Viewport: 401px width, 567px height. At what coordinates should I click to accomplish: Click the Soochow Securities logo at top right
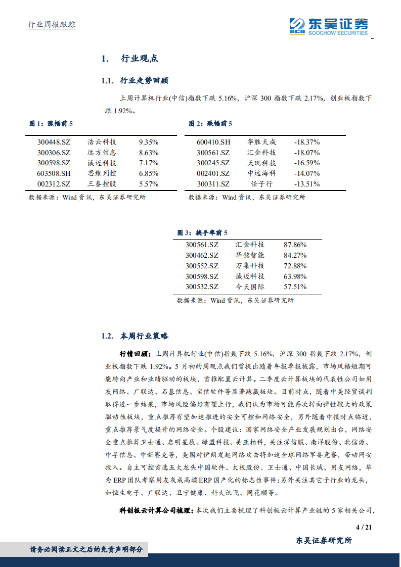pyautogui.click(x=329, y=26)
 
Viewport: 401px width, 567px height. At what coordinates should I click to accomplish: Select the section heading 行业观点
pyautogui.click(x=140, y=59)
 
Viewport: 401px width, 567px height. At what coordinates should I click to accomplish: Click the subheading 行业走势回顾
pyautogui.click(x=144, y=81)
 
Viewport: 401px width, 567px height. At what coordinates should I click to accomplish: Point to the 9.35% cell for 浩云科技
pyautogui.click(x=149, y=142)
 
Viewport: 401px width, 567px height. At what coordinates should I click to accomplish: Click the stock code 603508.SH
pyautogui.click(x=54, y=173)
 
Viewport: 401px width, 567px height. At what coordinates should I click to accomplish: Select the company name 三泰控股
pyautogui.click(x=102, y=184)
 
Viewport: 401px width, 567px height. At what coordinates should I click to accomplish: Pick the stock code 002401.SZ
pyautogui.click(x=213, y=173)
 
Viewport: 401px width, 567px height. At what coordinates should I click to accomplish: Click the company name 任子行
pyautogui.click(x=262, y=184)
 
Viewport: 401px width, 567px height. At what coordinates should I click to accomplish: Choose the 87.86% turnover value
pyautogui.click(x=295, y=244)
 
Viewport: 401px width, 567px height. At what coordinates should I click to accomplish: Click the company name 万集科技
pyautogui.click(x=250, y=265)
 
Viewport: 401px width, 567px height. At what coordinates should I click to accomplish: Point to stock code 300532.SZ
pyautogui.click(x=202, y=287)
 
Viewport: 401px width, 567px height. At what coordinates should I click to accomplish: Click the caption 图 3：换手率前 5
pyautogui.click(x=202, y=232)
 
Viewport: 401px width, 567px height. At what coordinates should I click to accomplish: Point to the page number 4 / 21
pyautogui.click(x=364, y=528)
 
